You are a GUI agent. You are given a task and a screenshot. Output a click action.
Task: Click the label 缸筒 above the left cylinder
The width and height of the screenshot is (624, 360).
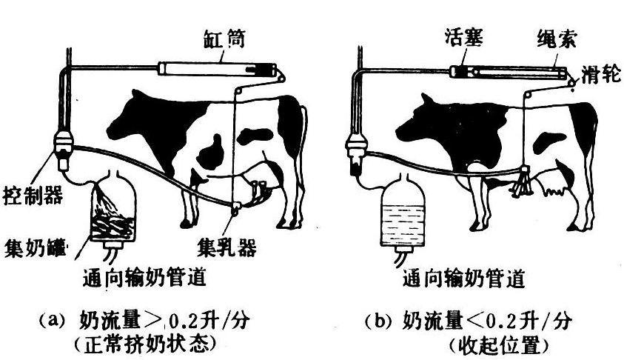click(224, 39)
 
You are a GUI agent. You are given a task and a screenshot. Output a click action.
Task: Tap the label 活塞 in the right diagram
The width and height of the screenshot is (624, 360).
click(464, 38)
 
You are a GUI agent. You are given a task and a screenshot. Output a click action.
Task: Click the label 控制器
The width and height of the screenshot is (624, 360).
click(33, 196)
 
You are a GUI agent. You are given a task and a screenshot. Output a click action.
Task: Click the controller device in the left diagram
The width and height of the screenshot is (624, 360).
click(63, 150)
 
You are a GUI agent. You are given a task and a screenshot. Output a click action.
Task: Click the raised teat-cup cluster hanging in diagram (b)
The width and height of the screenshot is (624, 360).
click(523, 182)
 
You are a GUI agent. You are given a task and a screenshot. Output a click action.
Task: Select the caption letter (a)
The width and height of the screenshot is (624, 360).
click(51, 320)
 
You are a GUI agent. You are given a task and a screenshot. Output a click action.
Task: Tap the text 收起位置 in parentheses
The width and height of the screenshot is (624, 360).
click(499, 345)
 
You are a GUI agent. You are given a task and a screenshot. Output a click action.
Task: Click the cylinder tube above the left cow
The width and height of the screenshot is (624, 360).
click(218, 69)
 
